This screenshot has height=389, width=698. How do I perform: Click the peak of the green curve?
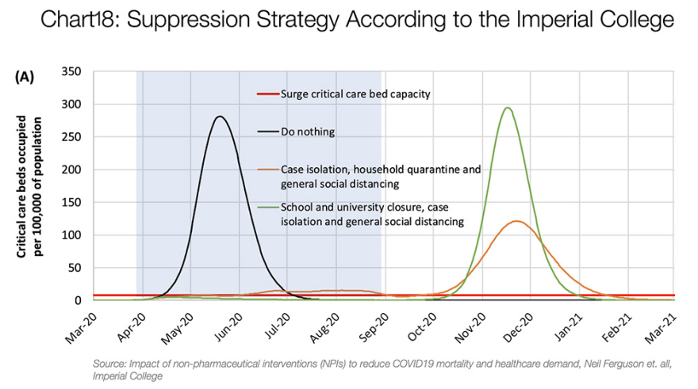point(507,109)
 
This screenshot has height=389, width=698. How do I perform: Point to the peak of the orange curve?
point(517,221)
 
